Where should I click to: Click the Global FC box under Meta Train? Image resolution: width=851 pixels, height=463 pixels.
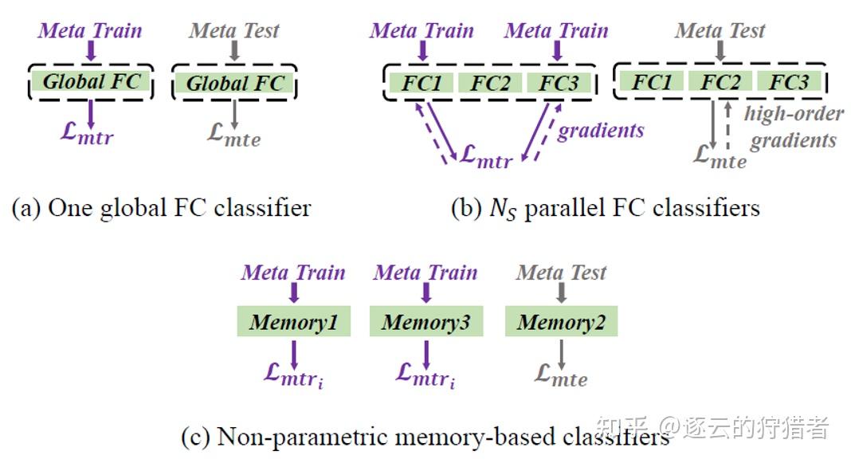pos(91,81)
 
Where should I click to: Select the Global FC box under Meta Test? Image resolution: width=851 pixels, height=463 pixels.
pos(234,83)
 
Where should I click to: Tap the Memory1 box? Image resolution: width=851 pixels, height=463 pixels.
pos(293,323)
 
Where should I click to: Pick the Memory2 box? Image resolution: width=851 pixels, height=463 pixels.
pos(561,323)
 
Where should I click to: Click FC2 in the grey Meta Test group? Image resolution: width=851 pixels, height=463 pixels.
pos(720,82)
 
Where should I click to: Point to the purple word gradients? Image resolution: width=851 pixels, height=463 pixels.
pos(600,130)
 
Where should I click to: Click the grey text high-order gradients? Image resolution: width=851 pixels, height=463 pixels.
pos(793,127)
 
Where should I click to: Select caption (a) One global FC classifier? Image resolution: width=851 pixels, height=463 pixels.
pos(161,208)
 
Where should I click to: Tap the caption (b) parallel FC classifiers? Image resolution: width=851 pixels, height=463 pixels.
pos(605,208)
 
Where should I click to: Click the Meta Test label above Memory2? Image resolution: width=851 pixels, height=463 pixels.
pos(561,273)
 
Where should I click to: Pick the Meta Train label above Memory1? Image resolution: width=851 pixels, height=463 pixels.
pos(293,273)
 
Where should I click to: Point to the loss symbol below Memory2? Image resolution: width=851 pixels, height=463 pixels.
pos(561,374)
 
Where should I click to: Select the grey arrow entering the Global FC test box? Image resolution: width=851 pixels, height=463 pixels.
pos(234,52)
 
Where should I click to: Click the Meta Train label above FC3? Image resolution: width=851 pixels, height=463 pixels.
pos(556,31)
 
